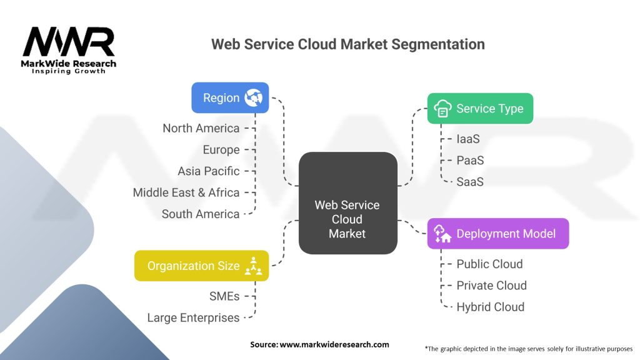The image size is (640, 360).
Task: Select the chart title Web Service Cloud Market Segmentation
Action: pyautogui.click(x=347, y=44)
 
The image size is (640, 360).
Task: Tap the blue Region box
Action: pyautogui.click(x=230, y=97)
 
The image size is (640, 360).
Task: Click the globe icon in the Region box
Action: pyautogui.click(x=254, y=97)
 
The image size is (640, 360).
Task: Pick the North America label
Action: pyautogui.click(x=201, y=128)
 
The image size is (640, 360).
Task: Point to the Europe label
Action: pyautogui.click(x=221, y=150)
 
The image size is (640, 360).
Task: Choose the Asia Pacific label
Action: pyautogui.click(x=208, y=171)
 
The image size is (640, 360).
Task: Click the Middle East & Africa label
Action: pyautogui.click(x=186, y=192)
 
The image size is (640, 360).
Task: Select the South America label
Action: pyautogui.click(x=200, y=214)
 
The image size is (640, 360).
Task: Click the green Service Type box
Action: pyautogui.click(x=479, y=109)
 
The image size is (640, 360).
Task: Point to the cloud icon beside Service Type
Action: pyautogui.click(x=442, y=109)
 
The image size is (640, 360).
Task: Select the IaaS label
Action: pyautogui.click(x=468, y=139)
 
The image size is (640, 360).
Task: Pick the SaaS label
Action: pyautogui.click(x=470, y=182)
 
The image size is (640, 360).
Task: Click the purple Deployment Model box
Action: pyautogui.click(x=497, y=234)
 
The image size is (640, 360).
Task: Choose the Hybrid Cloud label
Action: pyautogui.click(x=490, y=307)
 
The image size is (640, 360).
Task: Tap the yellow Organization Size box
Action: pyautogui.click(x=201, y=266)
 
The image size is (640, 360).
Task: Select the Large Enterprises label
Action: pyautogui.click(x=193, y=317)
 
